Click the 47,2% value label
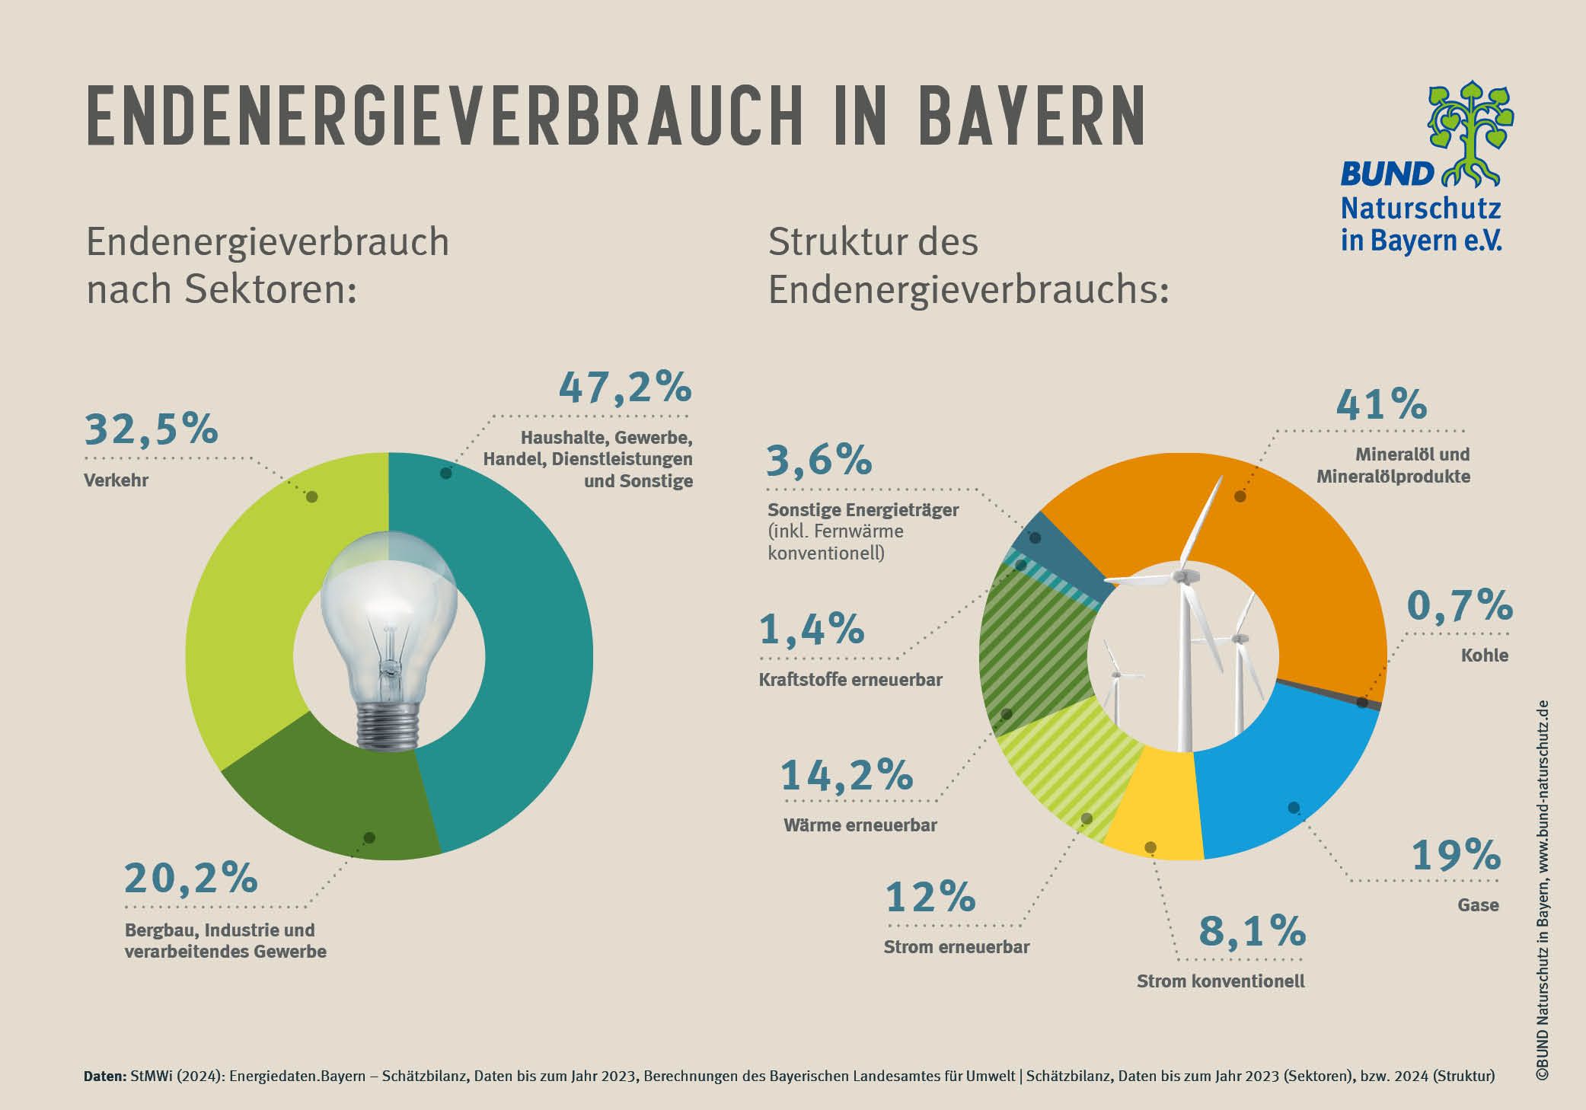tap(625, 388)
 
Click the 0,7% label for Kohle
tap(1459, 606)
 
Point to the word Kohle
tap(1484, 655)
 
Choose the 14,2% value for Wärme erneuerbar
tap(847, 776)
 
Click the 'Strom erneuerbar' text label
tap(956, 947)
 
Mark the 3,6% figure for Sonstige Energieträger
tap(819, 461)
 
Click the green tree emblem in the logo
tap(1470, 133)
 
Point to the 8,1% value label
tap(1252, 931)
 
